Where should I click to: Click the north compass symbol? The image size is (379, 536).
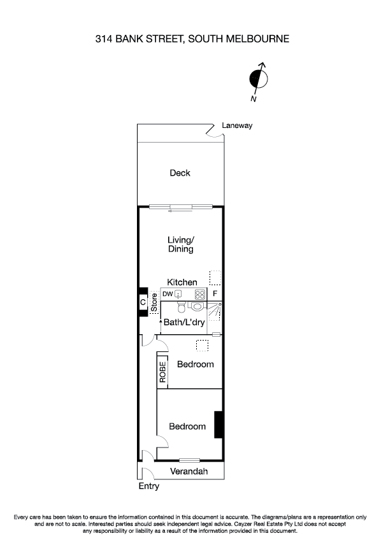259,79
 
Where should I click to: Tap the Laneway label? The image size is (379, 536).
237,125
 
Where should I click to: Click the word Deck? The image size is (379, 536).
180,173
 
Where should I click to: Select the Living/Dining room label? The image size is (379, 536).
180,244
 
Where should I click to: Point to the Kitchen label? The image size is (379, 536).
182,282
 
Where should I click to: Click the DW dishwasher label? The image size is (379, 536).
168,294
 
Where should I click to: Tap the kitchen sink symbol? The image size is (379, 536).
180,294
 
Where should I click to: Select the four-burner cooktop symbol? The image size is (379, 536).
199,294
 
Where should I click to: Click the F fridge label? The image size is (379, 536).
215,294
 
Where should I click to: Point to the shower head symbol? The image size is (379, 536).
220,306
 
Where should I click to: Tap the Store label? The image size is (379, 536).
154,302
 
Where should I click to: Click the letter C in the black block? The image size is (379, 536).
143,302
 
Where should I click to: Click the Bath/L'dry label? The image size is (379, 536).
184,323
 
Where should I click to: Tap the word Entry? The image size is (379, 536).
148,486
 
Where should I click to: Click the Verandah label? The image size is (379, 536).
189,472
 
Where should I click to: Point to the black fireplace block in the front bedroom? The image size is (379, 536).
218,425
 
